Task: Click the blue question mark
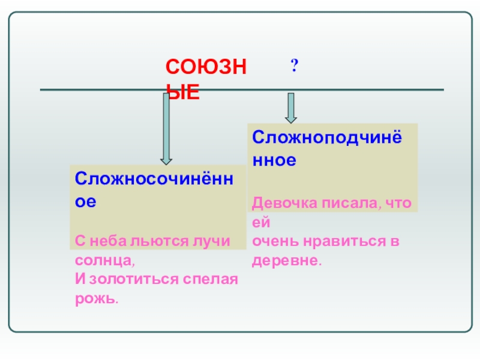[295, 65]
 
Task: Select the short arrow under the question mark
[291, 107]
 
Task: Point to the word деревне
[286, 262]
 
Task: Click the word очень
[271, 242]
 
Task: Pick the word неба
[108, 241]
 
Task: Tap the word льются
[157, 241]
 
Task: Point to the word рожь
[95, 299]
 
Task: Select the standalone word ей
[258, 223]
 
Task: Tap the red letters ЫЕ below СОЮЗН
[183, 93]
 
